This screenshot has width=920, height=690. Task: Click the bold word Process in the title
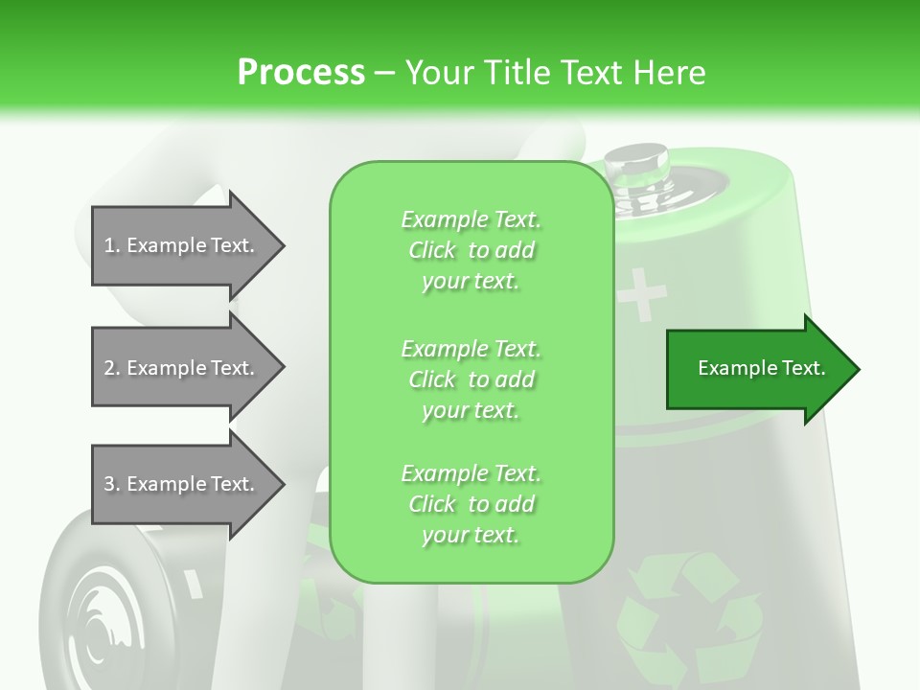[301, 72]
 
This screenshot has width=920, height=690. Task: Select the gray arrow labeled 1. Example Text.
[182, 245]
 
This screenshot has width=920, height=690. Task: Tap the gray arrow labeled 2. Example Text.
[182, 368]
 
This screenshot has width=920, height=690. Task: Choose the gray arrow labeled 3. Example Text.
[182, 484]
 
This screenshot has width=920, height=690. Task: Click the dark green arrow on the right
[757, 369]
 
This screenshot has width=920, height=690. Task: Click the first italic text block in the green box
[471, 250]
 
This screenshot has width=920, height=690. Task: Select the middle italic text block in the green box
[471, 379]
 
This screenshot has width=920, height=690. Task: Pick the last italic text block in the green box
[471, 504]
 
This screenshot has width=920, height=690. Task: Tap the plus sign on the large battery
[640, 294]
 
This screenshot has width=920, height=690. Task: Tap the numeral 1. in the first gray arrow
[112, 245]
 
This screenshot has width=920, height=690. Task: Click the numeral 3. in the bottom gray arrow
[112, 484]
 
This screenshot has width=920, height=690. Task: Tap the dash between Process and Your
[384, 73]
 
